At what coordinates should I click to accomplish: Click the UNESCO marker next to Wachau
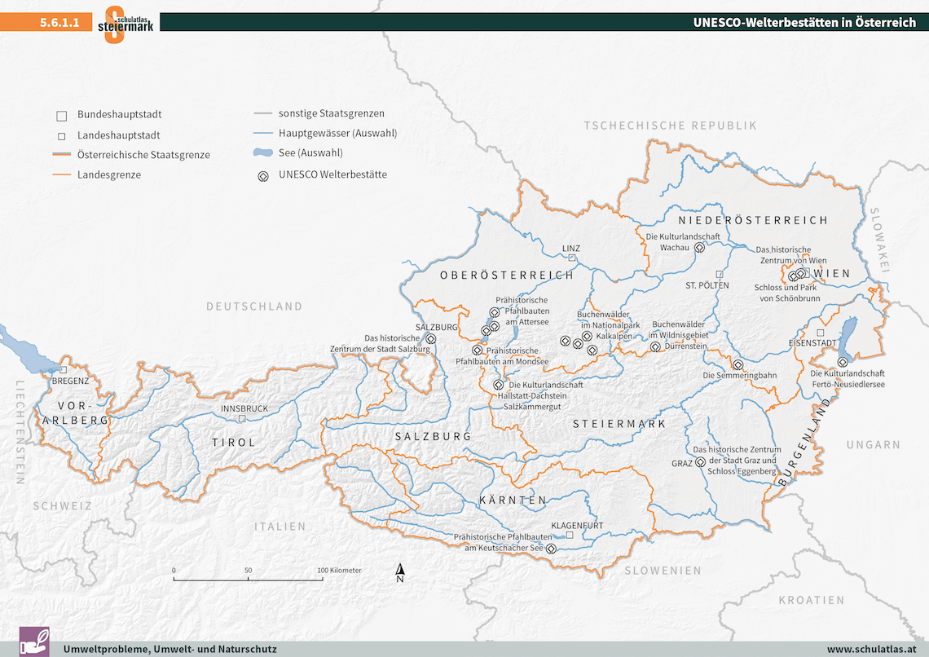point(699,247)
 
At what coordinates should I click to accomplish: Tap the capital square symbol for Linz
point(572,258)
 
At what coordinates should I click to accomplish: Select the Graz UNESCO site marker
point(699,462)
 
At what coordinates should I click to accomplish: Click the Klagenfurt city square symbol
point(570,536)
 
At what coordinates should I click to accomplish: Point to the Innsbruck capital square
point(241,418)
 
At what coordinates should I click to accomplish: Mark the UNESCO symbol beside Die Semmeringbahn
point(737,365)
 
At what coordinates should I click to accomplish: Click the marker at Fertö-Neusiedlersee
point(842,361)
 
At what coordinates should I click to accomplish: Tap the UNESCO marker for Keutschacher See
point(551,549)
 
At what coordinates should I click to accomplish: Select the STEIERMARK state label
point(619,424)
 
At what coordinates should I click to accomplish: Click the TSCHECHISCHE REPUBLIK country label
point(670,126)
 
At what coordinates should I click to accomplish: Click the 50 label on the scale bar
point(248,570)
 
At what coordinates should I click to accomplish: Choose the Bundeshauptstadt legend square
point(61,116)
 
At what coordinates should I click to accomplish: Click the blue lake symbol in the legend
point(262,153)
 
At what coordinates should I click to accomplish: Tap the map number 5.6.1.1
point(59,23)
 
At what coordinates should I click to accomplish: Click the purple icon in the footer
point(34,642)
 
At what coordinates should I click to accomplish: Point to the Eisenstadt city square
point(821,333)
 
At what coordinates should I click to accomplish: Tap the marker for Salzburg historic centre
point(431,338)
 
